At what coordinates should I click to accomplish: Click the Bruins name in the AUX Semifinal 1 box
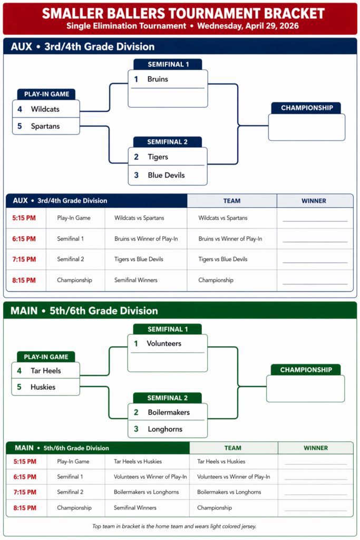point(158,79)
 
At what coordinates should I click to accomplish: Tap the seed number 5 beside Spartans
point(20,126)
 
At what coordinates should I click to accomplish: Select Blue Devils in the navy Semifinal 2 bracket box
point(166,175)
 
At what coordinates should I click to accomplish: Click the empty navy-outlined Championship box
point(306,127)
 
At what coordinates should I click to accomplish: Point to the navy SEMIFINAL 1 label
point(168,64)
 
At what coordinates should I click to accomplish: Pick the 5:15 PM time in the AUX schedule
point(24,218)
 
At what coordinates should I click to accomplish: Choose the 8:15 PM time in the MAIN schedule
point(24,508)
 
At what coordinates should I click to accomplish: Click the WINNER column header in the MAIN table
point(315,448)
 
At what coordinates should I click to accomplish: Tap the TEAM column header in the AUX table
point(231,201)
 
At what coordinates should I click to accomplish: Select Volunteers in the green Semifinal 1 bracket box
point(164,343)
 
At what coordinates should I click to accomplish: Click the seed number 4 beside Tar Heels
point(20,371)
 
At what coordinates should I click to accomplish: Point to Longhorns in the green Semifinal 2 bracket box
point(165,429)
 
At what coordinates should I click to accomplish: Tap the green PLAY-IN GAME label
point(46,357)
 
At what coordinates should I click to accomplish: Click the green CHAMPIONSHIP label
point(306,370)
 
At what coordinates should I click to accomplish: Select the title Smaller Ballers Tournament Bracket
point(180,13)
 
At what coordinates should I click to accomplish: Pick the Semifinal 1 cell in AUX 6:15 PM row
point(70,239)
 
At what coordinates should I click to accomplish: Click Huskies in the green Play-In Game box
point(43,387)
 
